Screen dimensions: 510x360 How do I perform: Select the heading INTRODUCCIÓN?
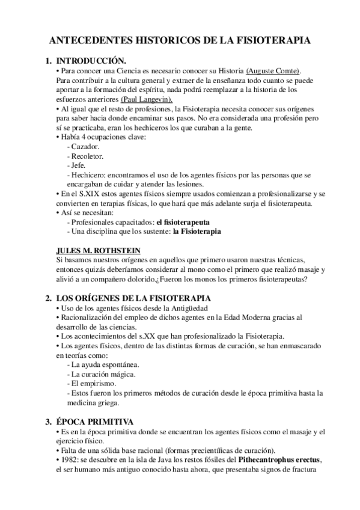[x=91, y=61]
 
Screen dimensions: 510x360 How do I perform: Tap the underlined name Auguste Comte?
[x=273, y=70]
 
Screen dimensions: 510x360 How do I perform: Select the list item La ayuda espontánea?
[x=105, y=365]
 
